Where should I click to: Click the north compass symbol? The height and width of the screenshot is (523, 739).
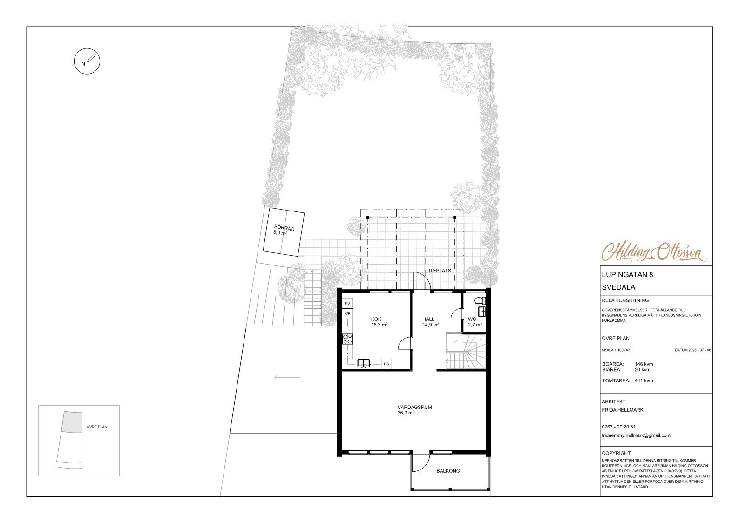click(87, 61)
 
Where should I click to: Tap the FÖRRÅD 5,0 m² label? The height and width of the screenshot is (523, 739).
click(284, 230)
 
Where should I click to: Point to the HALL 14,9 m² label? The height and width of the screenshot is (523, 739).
click(431, 321)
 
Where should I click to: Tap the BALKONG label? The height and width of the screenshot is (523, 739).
click(448, 471)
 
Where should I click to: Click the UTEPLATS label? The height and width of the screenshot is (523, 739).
click(439, 271)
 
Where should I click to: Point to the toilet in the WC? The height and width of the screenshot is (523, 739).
click(479, 300)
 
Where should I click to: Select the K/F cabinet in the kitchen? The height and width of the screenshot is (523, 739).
click(347, 314)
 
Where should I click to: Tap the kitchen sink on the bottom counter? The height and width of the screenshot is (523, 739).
click(364, 364)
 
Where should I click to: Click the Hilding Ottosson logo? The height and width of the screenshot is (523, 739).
click(654, 253)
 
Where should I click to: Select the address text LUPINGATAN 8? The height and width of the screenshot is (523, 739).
click(627, 274)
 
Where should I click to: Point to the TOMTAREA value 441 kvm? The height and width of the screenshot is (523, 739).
click(644, 380)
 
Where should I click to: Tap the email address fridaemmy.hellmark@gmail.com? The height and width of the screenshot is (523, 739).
click(636, 435)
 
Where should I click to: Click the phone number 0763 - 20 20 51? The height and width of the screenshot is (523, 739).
click(618, 427)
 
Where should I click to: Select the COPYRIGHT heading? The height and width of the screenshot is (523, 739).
click(616, 454)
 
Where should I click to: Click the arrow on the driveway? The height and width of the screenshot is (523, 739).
click(287, 377)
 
